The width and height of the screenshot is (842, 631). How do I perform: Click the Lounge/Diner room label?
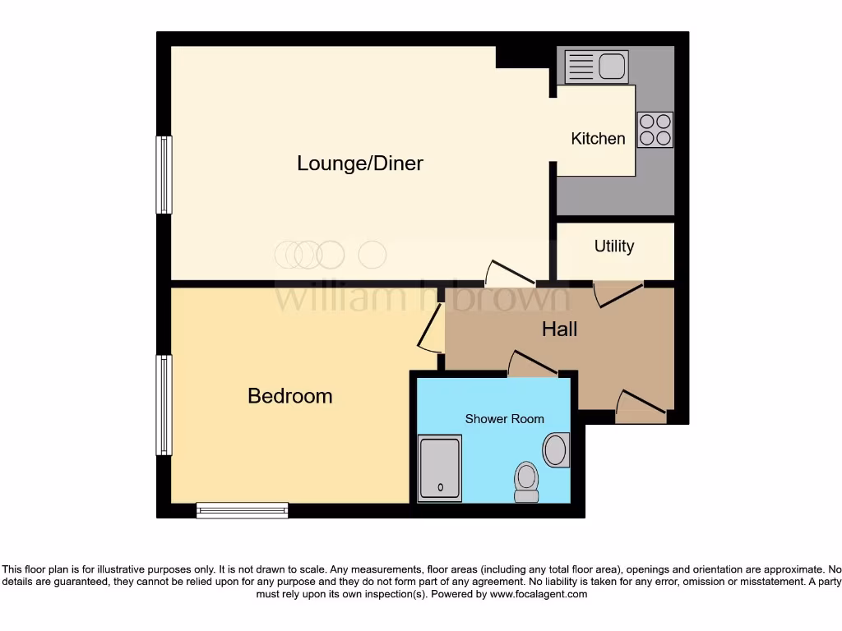359,164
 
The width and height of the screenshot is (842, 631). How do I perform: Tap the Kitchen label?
598,139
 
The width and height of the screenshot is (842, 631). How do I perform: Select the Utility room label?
614,246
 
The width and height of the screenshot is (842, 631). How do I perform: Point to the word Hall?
559,329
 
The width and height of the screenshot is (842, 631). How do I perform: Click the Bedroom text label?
290,396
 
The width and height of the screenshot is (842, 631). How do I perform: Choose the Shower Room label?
504,419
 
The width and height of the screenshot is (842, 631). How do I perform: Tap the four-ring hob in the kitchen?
655,130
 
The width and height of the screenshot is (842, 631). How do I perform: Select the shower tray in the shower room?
440,469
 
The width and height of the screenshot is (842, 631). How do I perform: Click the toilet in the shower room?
526,481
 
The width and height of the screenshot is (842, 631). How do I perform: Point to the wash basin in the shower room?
556,450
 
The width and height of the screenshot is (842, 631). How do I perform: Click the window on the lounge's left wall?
164,175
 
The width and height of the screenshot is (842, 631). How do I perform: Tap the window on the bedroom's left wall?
164,405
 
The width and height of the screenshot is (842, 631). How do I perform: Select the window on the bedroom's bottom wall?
243,510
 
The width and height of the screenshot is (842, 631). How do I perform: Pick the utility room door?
618,293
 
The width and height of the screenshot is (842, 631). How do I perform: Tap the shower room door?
532,364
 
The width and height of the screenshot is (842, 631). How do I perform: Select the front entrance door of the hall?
641,404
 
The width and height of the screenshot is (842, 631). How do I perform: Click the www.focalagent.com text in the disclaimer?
539,594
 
